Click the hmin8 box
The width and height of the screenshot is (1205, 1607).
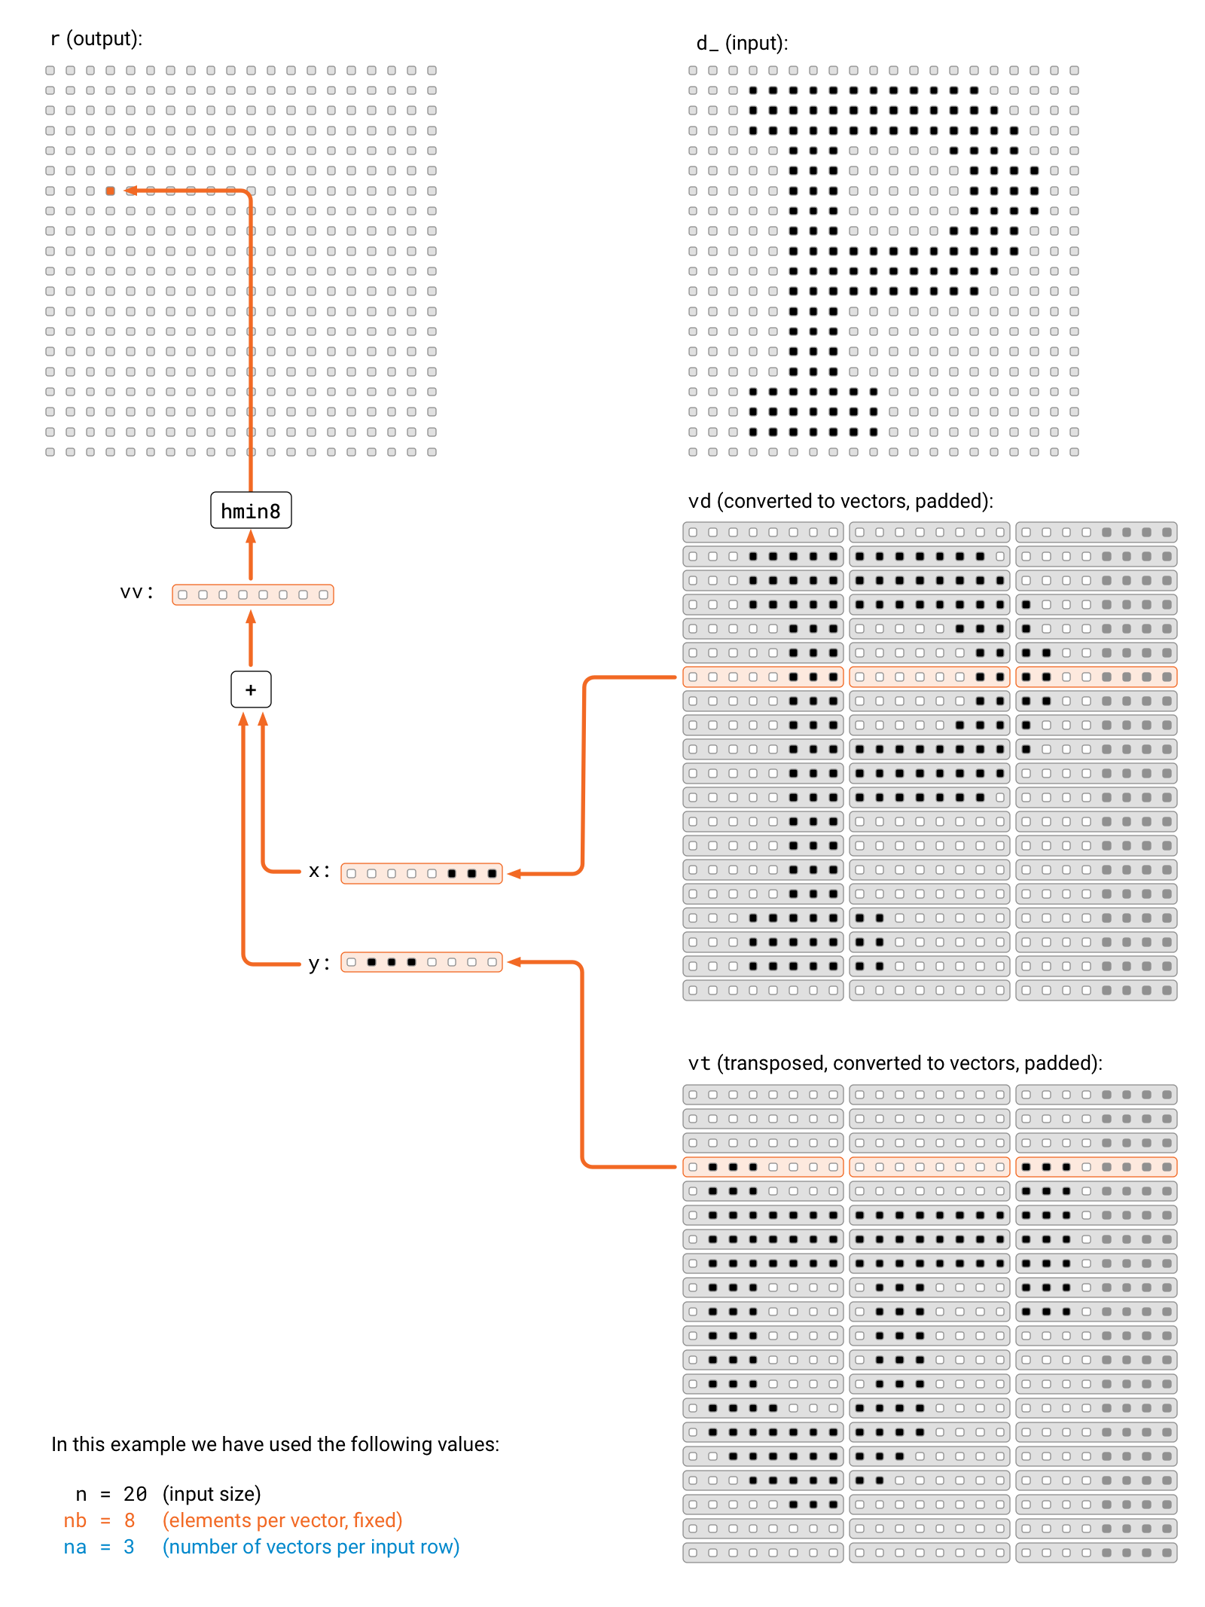pos(251,511)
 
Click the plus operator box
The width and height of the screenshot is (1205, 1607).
pos(251,689)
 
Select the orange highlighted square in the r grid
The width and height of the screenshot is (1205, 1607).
pos(111,191)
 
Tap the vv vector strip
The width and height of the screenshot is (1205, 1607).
pos(253,595)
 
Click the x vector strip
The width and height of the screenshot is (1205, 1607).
pos(422,873)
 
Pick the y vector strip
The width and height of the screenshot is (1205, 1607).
pos(422,962)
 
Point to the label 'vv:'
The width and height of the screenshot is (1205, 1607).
pos(137,593)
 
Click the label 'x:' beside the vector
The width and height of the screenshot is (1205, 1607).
pos(319,872)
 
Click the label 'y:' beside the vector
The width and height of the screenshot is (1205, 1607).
pos(319,964)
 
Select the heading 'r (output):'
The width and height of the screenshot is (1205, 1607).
pos(96,38)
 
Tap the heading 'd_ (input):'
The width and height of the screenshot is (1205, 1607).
pos(742,43)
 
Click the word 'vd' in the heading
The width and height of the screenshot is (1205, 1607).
pos(700,501)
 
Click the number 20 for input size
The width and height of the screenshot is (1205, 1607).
pos(135,1494)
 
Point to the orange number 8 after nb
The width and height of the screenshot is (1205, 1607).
pos(130,1520)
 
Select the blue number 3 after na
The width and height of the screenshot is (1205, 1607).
pos(129,1547)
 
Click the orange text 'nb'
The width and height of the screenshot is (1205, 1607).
pos(75,1520)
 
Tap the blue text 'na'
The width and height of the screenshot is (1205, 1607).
pos(75,1547)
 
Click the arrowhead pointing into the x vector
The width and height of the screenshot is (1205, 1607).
pos(514,874)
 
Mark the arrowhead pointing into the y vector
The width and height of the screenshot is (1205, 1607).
pos(514,962)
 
